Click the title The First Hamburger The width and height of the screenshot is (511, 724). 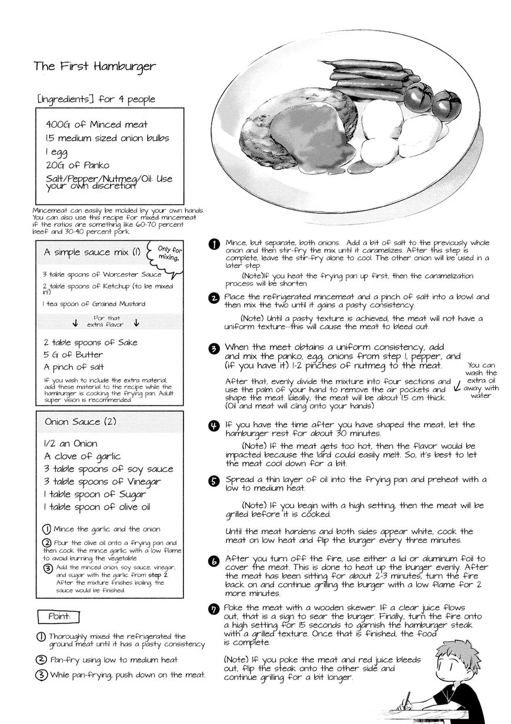click(x=94, y=66)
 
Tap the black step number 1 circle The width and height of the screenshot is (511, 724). click(x=215, y=244)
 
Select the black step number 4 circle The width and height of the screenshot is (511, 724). click(x=215, y=426)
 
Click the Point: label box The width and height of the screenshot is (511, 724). click(x=58, y=616)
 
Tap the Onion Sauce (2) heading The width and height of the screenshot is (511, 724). click(x=81, y=421)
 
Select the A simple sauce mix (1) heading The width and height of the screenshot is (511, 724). click(x=92, y=252)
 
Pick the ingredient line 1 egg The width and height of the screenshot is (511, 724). click(x=56, y=152)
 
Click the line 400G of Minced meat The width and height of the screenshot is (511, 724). click(x=96, y=125)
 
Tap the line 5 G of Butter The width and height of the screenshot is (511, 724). click(x=73, y=355)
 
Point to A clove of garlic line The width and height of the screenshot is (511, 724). click(x=82, y=456)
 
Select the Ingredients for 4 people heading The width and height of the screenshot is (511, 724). click(x=95, y=99)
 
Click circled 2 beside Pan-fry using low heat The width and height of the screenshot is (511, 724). click(x=42, y=659)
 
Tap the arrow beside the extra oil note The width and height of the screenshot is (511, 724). click(x=457, y=386)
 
